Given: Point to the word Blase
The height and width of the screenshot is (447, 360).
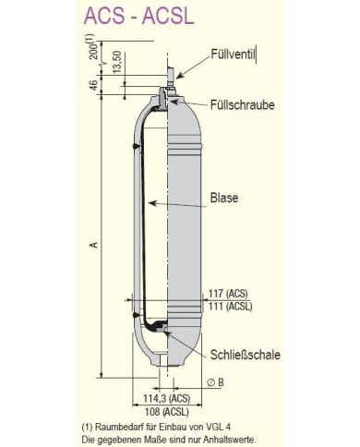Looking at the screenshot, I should click(x=224, y=197).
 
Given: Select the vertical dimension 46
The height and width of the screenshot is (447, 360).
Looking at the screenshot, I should click(x=93, y=85).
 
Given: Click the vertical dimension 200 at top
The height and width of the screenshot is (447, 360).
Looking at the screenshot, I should click(x=94, y=46).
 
